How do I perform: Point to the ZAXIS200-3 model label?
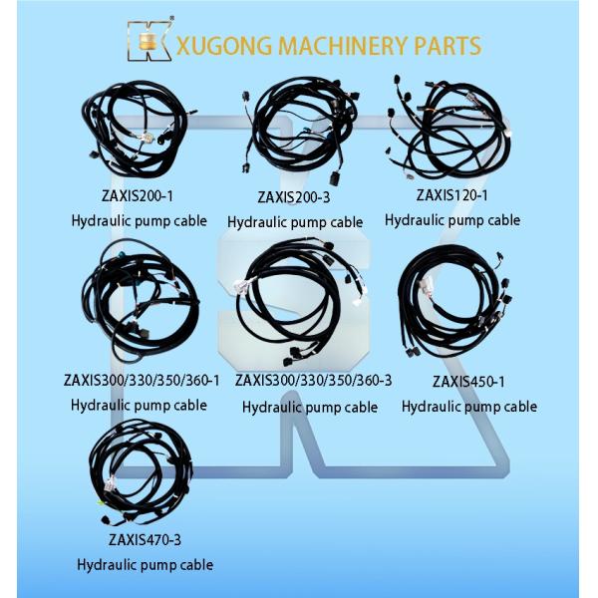point(294,197)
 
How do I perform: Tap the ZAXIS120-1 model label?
point(451,195)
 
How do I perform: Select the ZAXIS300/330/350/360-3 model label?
point(313,380)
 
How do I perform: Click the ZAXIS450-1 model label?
point(468,381)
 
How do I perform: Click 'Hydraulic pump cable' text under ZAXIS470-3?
point(146,565)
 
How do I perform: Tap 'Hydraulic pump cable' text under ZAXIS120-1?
point(452,220)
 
